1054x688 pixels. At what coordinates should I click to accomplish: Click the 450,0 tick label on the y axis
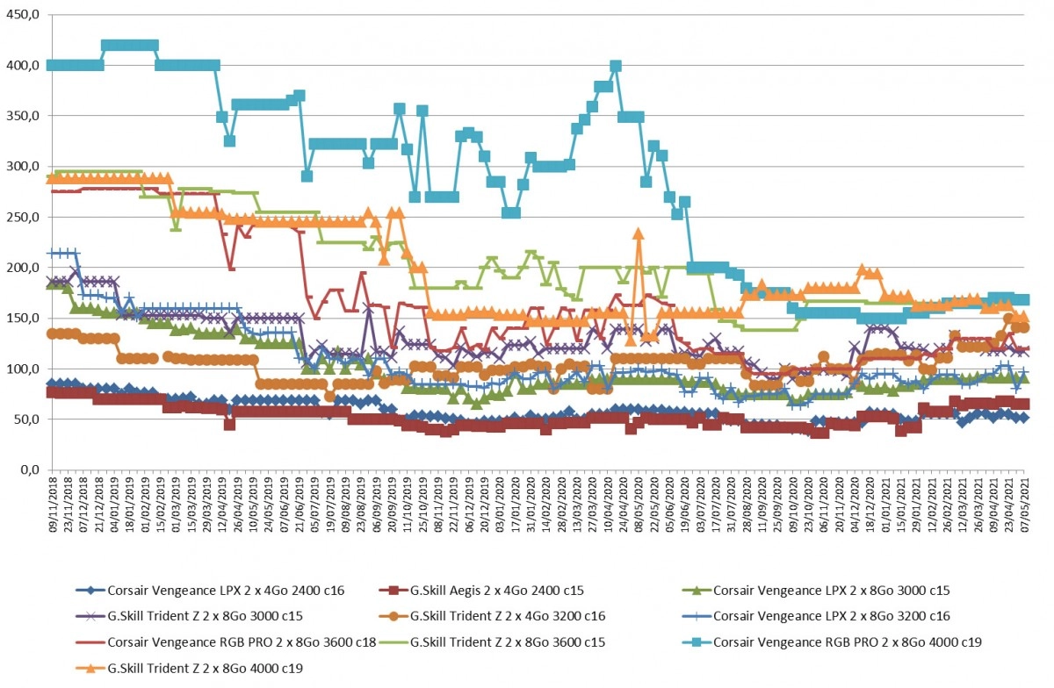pos(22,15)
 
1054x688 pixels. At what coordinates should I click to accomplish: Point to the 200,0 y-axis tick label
pos(22,268)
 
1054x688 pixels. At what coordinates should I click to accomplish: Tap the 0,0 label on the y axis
pos(30,469)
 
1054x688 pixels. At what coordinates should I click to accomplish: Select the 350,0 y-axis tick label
pos(22,116)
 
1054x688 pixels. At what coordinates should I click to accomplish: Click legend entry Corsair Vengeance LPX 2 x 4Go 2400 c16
pos(226,591)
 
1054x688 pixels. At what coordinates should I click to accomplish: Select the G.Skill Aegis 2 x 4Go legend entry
pos(497,591)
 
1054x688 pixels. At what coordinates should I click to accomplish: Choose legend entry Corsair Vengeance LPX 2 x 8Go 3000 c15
pos(832,591)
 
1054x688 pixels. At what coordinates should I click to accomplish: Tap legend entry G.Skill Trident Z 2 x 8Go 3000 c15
pos(206,616)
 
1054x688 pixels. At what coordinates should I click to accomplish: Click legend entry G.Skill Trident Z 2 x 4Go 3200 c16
pos(508,616)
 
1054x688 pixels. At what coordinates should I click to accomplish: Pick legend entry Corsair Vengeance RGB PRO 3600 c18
pos(242,641)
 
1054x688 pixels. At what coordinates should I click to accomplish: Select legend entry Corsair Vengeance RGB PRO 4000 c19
pos(848,641)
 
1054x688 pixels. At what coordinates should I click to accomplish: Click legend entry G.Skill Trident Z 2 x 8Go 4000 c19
pos(206,668)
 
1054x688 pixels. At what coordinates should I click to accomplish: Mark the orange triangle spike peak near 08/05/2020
pos(639,233)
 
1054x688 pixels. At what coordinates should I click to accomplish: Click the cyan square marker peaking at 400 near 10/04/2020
pos(616,67)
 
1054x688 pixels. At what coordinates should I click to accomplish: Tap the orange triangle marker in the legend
pos(90,668)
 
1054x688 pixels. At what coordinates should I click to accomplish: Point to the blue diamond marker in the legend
pos(90,591)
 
